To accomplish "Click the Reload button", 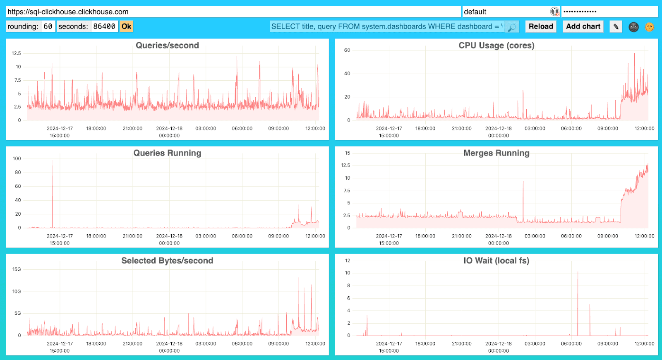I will click(541, 26).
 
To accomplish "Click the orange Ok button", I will click(126, 26).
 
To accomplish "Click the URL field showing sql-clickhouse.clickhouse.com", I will click(233, 12).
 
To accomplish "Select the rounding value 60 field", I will click(48, 26).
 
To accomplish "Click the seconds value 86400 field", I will click(104, 26).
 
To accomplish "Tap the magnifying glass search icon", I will click(512, 27).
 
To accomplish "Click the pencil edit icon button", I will click(616, 27).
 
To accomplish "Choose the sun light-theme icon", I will click(650, 27).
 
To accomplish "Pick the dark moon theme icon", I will click(633, 27).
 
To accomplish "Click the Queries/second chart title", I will click(167, 46).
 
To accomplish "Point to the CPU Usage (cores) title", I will click(496, 46).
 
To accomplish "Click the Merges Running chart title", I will click(496, 153).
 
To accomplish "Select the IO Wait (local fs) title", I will click(496, 261).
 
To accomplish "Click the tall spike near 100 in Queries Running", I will click(52, 162).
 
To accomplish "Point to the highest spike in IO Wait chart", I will click(578, 273).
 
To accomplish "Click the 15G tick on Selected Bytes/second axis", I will click(17, 269).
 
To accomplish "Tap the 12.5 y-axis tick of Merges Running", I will click(345, 166).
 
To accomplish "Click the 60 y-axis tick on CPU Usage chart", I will click(347, 50).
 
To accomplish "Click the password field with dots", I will click(609, 12).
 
